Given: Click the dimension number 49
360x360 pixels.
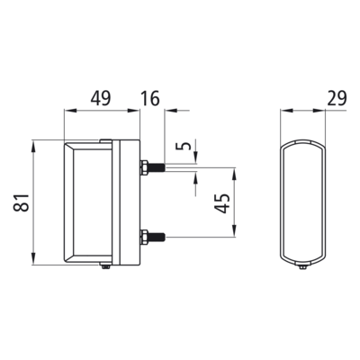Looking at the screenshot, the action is (101, 99).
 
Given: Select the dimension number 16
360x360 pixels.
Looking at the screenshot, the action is (150, 99).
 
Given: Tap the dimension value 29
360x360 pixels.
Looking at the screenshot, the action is (337, 98).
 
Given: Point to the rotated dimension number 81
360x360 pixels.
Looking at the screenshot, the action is (22, 202).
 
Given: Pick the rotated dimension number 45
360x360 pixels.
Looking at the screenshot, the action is (222, 203).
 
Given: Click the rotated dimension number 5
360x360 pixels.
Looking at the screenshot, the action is (186, 146).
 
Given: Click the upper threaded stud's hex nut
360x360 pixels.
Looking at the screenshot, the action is (144, 167).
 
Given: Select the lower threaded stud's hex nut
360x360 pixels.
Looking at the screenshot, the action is (144, 238).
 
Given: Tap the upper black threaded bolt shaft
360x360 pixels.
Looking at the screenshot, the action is (157, 167).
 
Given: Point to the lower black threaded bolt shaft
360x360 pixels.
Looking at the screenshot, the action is (157, 238).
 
